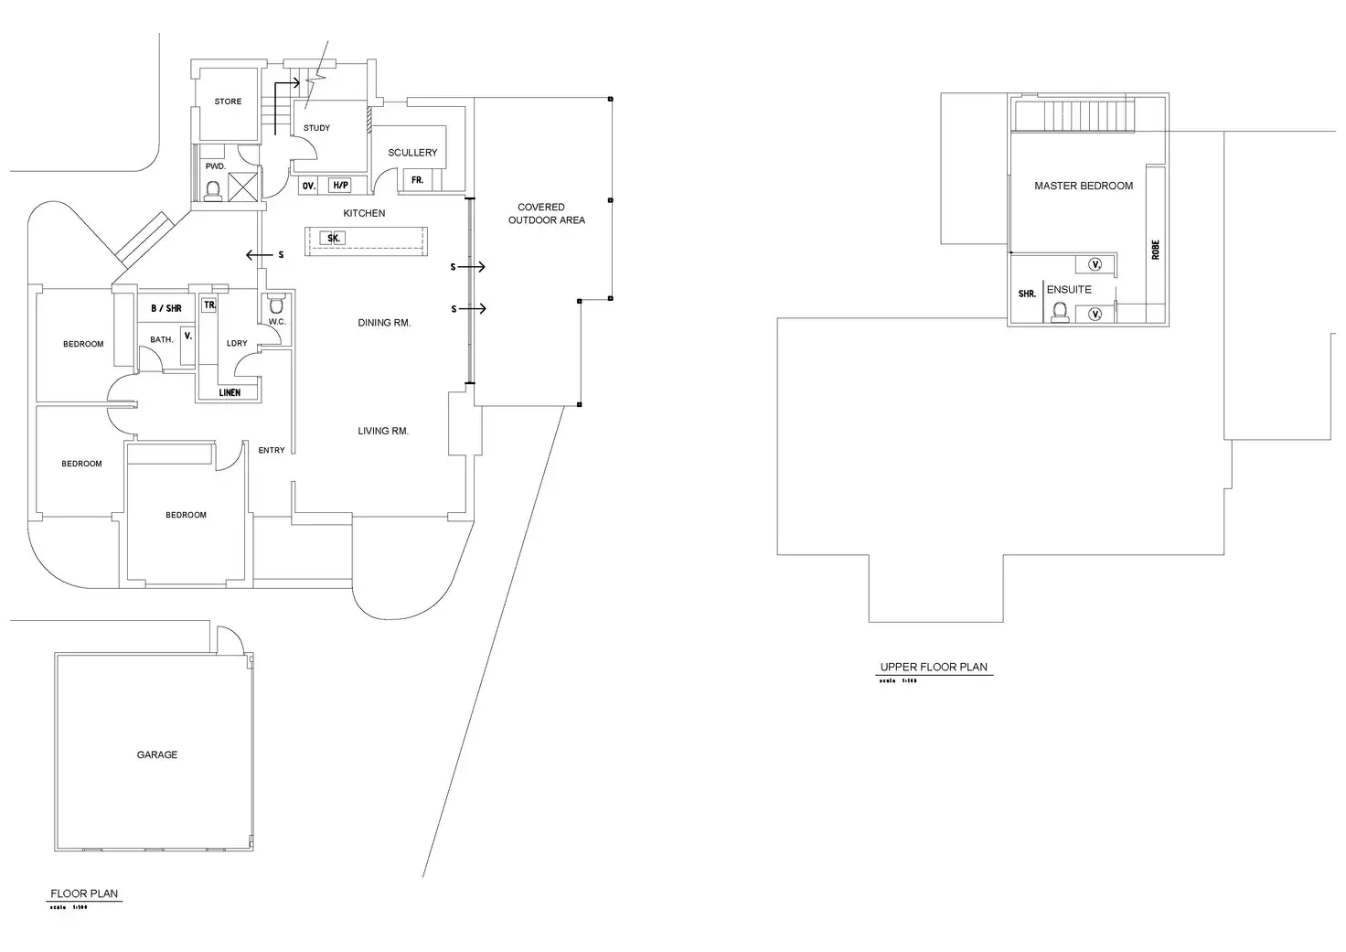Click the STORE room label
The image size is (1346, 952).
pyautogui.click(x=228, y=102)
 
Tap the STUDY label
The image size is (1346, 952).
pyautogui.click(x=316, y=128)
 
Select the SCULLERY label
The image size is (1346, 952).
pyautogui.click(x=412, y=153)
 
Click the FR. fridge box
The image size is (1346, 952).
pyautogui.click(x=417, y=180)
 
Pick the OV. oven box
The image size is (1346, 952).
pyautogui.click(x=309, y=186)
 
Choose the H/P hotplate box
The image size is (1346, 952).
pyautogui.click(x=339, y=186)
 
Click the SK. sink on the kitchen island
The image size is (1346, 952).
pyautogui.click(x=333, y=239)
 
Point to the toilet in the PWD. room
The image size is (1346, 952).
pyautogui.click(x=213, y=189)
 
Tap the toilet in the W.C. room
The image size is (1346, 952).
pyautogui.click(x=276, y=305)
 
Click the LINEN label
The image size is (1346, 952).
pyautogui.click(x=230, y=393)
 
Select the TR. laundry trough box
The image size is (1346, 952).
pyautogui.click(x=209, y=305)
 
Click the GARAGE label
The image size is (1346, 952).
pyautogui.click(x=157, y=755)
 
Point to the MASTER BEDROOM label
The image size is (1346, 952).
pyautogui.click(x=1084, y=186)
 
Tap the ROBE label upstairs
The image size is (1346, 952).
pyautogui.click(x=1156, y=250)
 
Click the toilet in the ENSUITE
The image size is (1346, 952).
pyautogui.click(x=1060, y=313)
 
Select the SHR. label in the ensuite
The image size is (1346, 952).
pyautogui.click(x=1027, y=294)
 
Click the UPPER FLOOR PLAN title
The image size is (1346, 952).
pyautogui.click(x=934, y=668)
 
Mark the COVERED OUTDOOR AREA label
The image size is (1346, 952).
pyautogui.click(x=546, y=214)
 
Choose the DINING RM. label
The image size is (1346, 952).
pyautogui.click(x=384, y=323)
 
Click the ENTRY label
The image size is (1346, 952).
pyautogui.click(x=272, y=451)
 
